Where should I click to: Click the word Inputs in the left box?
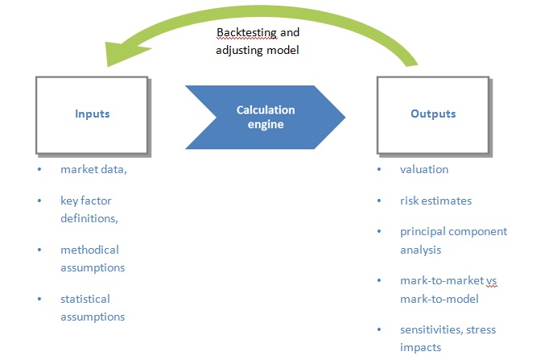coord(93,114)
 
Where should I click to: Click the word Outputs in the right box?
coord(433,114)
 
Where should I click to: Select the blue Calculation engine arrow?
coord(265,117)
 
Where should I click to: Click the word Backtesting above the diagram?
coord(246,32)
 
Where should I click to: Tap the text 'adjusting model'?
coord(258,50)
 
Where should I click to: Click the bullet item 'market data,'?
coord(93,169)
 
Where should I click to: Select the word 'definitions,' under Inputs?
coord(89,218)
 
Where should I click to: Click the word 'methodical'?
coord(89,250)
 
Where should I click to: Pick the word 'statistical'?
coord(85,299)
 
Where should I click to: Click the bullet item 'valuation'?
coord(424,169)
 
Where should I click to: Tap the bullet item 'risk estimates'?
coord(435,201)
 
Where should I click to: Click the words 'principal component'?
coord(453,232)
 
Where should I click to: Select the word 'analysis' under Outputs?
coord(420,250)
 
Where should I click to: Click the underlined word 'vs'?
coord(492,281)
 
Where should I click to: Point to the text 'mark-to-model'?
coord(439,300)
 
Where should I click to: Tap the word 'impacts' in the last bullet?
coord(420,348)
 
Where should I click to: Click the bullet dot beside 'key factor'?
coord(39,201)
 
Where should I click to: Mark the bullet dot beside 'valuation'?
coord(379,169)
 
